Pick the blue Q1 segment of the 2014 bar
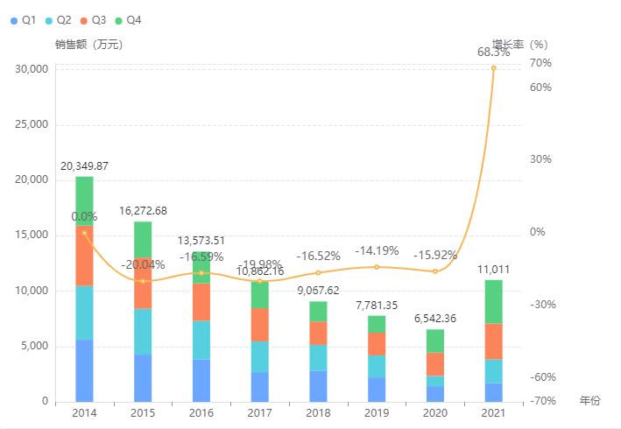click(x=84, y=370)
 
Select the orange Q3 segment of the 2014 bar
click(x=84, y=256)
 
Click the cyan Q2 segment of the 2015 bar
click(x=143, y=331)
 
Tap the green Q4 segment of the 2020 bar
click(x=434, y=341)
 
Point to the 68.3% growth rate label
click(x=493, y=53)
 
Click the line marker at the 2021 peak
click(x=493, y=67)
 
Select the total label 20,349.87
click(x=84, y=165)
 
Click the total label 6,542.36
click(x=434, y=318)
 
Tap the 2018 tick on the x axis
click(x=318, y=412)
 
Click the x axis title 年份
click(x=590, y=400)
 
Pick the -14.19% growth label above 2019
click(x=377, y=251)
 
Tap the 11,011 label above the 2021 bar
click(x=493, y=269)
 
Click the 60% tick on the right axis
click(x=540, y=88)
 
